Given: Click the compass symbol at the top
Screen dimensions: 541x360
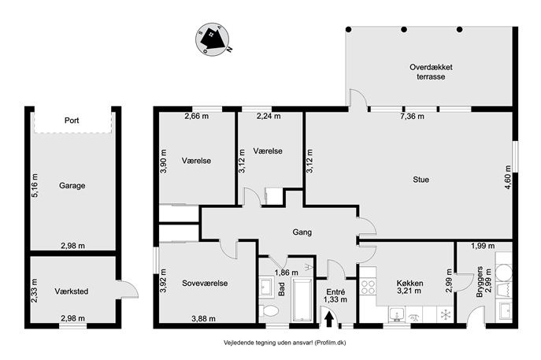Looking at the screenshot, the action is pyautogui.click(x=213, y=39).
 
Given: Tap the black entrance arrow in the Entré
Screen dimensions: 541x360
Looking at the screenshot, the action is pyautogui.click(x=329, y=319).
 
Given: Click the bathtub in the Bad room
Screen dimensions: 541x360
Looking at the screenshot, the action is pyautogui.click(x=302, y=300).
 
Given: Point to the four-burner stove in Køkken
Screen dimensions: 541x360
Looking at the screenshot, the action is pyautogui.click(x=368, y=287).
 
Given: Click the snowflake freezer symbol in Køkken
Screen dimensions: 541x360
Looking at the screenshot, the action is pyautogui.click(x=447, y=314).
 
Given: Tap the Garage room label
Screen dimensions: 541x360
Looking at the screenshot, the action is pyautogui.click(x=72, y=186).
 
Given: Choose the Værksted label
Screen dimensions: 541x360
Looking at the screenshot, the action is pyautogui.click(x=72, y=291).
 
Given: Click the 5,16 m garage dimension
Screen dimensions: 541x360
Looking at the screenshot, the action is pyautogui.click(x=35, y=185).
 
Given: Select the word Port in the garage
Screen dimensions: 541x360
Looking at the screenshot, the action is pyautogui.click(x=72, y=121).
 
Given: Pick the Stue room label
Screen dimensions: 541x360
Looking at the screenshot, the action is pyautogui.click(x=421, y=180).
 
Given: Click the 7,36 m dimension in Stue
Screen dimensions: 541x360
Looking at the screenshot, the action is pyautogui.click(x=412, y=117).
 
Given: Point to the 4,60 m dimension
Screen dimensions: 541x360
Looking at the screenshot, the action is pyautogui.click(x=508, y=177).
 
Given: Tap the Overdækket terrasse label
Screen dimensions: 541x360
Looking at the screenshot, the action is pyautogui.click(x=431, y=72).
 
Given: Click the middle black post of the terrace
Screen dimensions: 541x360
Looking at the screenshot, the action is pyautogui.click(x=404, y=30).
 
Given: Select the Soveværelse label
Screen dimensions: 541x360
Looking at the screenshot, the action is pyautogui.click(x=205, y=283).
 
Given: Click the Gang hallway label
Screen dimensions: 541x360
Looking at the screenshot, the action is pyautogui.click(x=302, y=232).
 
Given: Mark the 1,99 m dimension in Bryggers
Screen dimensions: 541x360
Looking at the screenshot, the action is pyautogui.click(x=483, y=246).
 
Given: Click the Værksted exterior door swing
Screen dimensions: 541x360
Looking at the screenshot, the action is pyautogui.click(x=128, y=289).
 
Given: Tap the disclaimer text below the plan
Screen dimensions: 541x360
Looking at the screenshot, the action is pyautogui.click(x=284, y=343).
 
